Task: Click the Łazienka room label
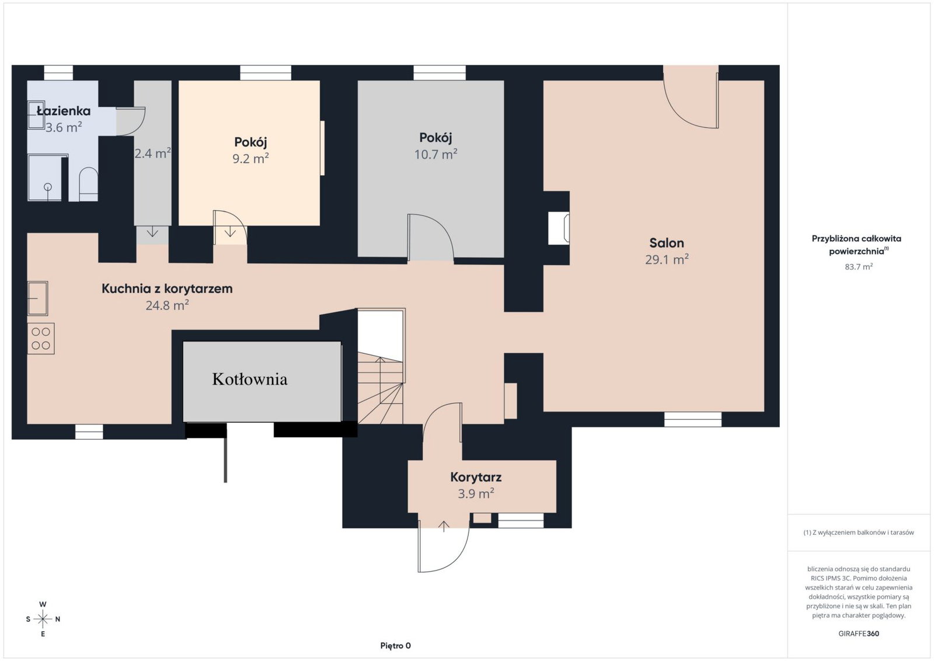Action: [x=64, y=111]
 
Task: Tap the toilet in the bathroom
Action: [x=88, y=185]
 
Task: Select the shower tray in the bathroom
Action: [x=44, y=178]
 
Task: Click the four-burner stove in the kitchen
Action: [x=41, y=339]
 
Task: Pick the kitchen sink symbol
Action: [x=37, y=298]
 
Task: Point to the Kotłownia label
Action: [x=250, y=379]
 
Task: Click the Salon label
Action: [x=666, y=243]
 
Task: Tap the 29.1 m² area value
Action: [x=667, y=259]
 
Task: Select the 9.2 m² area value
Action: [x=250, y=158]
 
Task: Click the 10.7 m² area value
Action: [x=435, y=154]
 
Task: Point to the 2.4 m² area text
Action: [x=152, y=154]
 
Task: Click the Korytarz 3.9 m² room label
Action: [x=476, y=485]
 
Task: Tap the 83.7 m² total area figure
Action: [x=859, y=266]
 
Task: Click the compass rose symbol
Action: [x=43, y=619]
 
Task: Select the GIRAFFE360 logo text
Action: [x=859, y=634]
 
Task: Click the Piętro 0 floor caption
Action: [x=395, y=646]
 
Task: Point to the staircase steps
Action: [x=380, y=388]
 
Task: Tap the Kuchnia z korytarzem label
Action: [x=167, y=288]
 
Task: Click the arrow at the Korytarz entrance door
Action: [x=444, y=526]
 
